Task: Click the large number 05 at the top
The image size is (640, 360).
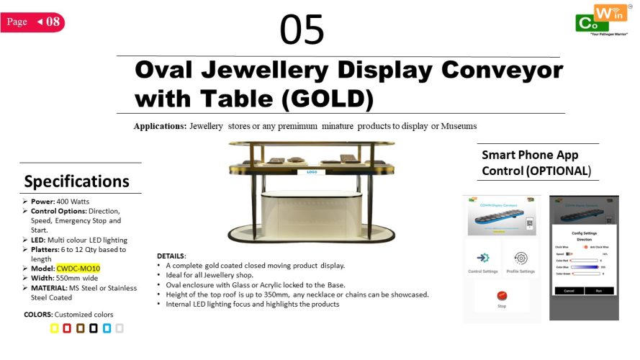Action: tap(302, 30)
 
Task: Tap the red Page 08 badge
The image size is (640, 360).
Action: tap(33, 22)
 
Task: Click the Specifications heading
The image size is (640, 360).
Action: tap(77, 181)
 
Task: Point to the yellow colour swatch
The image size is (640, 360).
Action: tap(54, 328)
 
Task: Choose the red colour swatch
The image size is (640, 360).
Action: tap(67, 328)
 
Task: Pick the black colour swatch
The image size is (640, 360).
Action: tap(94, 328)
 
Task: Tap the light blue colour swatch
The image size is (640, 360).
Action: tap(107, 328)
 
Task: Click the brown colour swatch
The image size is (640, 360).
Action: tap(81, 328)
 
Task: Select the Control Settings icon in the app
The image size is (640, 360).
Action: tap(483, 258)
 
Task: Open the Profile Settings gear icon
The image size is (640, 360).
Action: tap(520, 258)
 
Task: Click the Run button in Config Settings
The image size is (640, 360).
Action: tap(598, 290)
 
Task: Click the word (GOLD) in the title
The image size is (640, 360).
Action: tap(328, 98)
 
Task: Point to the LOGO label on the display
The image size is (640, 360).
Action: tap(312, 172)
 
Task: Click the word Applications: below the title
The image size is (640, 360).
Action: tap(160, 126)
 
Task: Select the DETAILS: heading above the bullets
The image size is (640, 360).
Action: tap(171, 256)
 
